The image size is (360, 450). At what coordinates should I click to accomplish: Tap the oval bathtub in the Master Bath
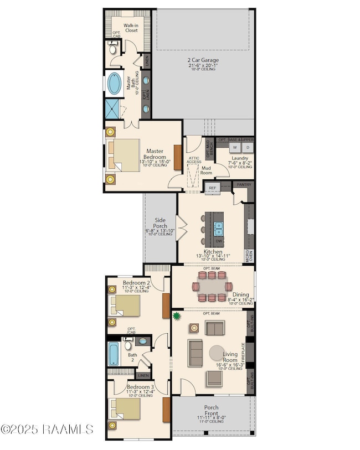[115, 84]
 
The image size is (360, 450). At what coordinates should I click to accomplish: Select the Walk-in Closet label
[131, 28]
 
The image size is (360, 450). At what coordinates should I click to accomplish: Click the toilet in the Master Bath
[113, 49]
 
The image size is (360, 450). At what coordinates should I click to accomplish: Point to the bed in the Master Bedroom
[124, 156]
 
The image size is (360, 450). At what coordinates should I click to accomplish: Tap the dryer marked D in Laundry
[248, 148]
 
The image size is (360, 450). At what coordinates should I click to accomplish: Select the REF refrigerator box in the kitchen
[212, 188]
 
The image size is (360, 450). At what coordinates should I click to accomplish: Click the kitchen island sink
[219, 226]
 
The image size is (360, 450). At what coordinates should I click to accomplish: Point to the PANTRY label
[244, 184]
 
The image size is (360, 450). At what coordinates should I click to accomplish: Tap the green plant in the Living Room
[177, 317]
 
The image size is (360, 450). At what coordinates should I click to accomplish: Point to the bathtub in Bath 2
[114, 354]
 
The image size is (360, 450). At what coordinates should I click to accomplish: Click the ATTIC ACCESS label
[193, 159]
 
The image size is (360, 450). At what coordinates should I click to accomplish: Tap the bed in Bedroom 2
[125, 305]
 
